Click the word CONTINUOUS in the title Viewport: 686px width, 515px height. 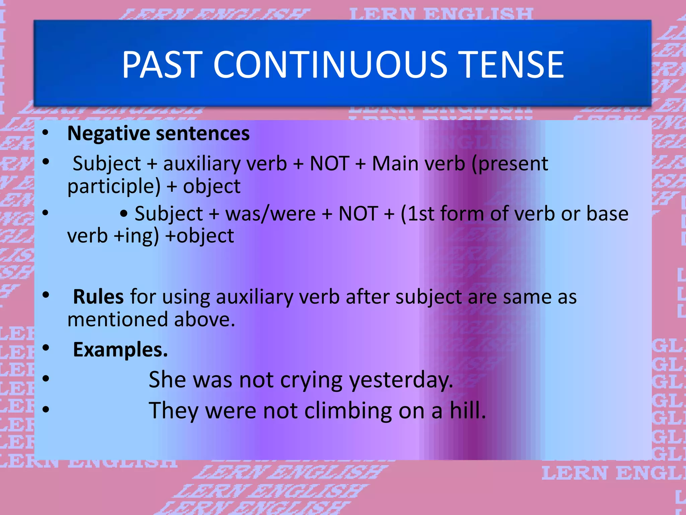(330, 64)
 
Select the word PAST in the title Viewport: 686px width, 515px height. (162, 64)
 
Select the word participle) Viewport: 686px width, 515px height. (114, 186)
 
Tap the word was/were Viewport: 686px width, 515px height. (270, 214)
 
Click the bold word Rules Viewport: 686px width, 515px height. (98, 297)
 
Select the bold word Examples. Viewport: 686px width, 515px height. (120, 350)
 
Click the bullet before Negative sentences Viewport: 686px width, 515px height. (46, 133)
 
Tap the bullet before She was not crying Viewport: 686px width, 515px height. (46, 379)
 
